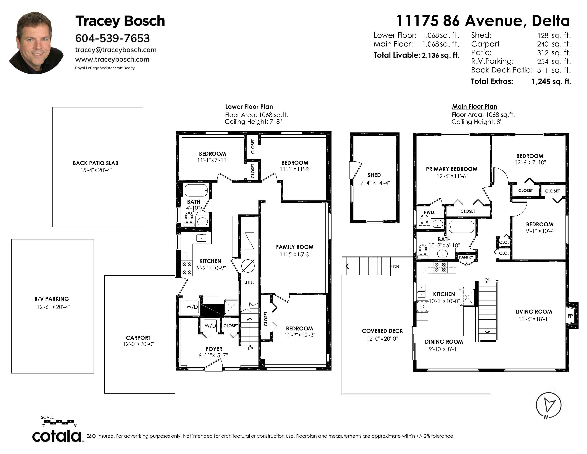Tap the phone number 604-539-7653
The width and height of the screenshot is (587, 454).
112,38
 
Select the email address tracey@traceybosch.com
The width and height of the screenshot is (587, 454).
116,50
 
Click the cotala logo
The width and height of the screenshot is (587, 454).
57,436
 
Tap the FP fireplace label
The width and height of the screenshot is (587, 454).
570,316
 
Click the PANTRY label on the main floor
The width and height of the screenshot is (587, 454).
466,257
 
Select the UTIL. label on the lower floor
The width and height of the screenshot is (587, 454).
249,282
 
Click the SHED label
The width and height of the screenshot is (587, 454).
374,175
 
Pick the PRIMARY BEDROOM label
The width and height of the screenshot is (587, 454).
451,169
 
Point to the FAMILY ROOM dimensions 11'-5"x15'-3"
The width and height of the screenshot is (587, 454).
295,254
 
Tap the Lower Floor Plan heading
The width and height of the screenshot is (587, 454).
249,106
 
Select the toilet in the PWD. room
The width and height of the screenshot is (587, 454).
425,223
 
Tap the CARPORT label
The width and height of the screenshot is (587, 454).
138,338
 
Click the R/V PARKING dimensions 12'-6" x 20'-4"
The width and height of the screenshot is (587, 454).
53,307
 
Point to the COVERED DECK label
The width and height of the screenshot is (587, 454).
382,331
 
